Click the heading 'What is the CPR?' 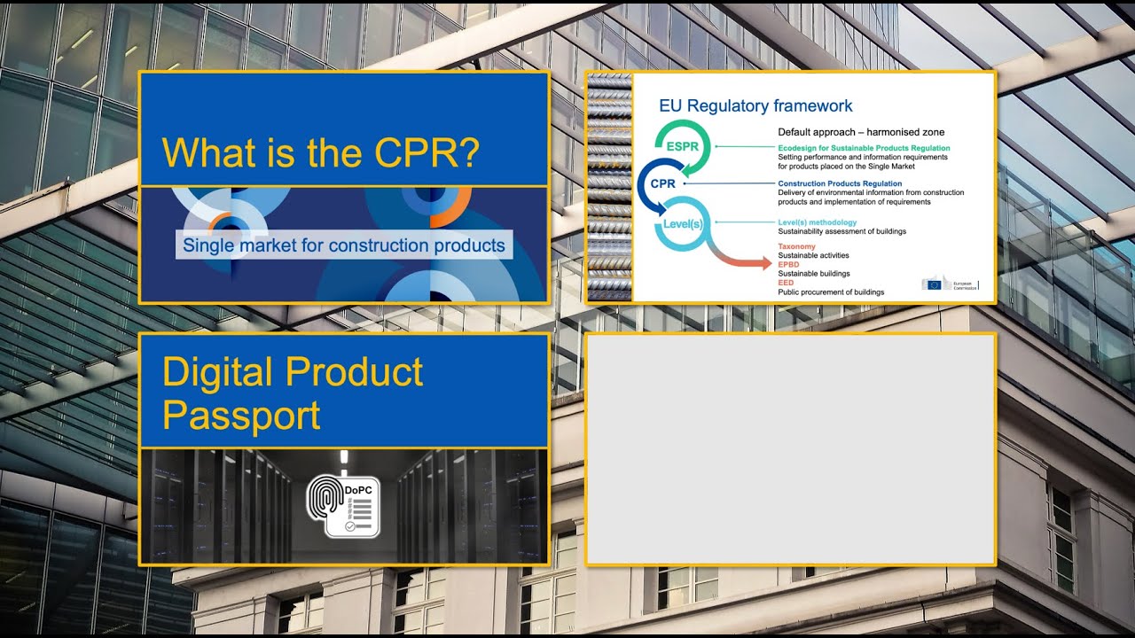(321, 152)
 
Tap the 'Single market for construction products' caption (344, 245)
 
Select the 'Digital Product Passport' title (293, 393)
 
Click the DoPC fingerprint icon (343, 506)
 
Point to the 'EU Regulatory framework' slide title (755, 106)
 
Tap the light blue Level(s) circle (683, 224)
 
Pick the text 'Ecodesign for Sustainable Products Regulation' (864, 148)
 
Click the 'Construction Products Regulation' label (840, 184)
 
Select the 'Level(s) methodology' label (818, 222)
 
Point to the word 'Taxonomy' (796, 246)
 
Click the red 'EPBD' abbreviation (788, 265)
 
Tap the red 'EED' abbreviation (786, 283)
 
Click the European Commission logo (949, 284)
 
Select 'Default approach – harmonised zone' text (861, 132)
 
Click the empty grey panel (790, 448)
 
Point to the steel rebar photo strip (609, 187)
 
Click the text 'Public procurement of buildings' (831, 292)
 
